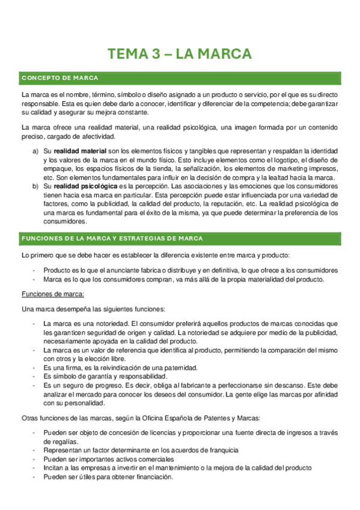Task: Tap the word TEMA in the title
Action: pyautogui.click(x=126, y=54)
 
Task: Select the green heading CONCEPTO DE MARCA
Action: pyautogui.click(x=59, y=78)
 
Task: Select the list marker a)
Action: pyautogui.click(x=36, y=150)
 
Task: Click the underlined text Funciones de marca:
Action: pyautogui.click(x=53, y=293)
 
